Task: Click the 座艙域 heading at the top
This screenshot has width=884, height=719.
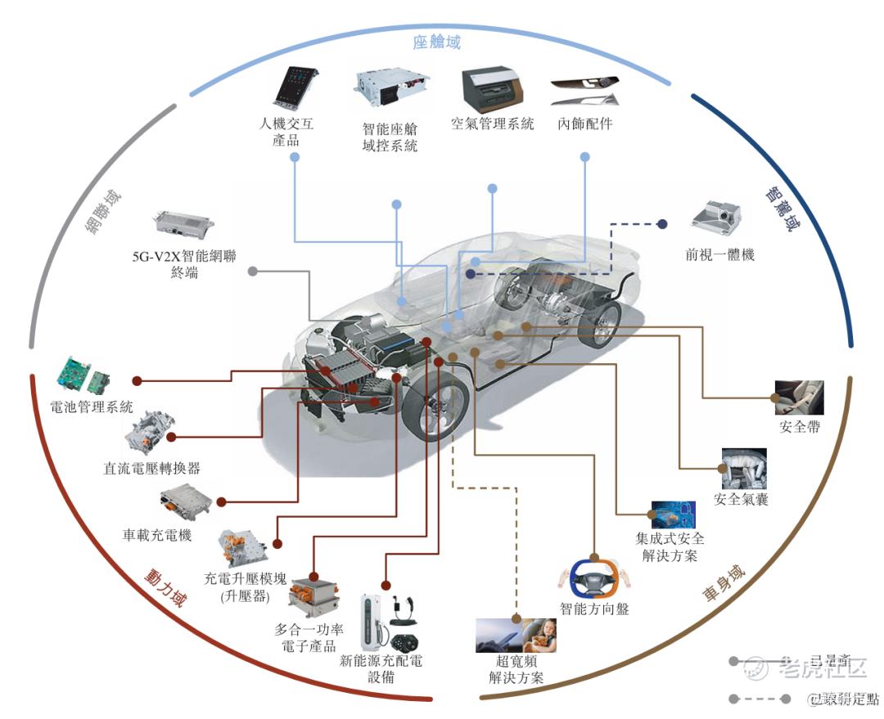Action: (437, 42)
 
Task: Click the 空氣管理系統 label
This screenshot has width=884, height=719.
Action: (493, 124)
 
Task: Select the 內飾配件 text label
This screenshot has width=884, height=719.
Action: (584, 124)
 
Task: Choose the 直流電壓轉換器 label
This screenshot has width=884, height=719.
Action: (152, 469)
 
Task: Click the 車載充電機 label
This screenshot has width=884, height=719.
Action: (157, 535)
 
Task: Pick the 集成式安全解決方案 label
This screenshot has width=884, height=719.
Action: (670, 547)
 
